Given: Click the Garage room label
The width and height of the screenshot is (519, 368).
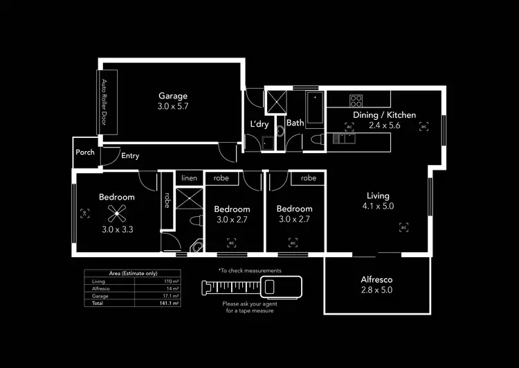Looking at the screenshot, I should tap(173, 96).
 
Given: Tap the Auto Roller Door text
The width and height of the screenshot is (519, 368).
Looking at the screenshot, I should tap(105, 101).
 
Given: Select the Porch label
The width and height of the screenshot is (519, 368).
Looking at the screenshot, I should tap(85, 152).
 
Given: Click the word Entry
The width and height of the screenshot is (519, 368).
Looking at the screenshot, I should tap(130, 156).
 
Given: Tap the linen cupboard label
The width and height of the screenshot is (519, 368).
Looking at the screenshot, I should tap(189, 179).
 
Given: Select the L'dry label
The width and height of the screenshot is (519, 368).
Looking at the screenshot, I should tap(259, 124).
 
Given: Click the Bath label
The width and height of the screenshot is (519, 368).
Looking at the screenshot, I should tap(295, 123).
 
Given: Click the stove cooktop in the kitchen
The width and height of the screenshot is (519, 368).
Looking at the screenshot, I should tap(356, 99).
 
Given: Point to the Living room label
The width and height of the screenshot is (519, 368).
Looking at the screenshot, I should tap(378, 196).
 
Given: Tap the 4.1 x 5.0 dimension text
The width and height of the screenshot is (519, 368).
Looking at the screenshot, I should tap(378, 207).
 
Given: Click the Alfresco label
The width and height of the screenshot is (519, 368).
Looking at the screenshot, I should tap(377, 280).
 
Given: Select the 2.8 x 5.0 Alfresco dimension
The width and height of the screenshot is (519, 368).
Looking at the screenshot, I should tap(377, 290).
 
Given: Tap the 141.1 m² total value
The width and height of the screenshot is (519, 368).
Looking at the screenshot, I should tap(170, 304).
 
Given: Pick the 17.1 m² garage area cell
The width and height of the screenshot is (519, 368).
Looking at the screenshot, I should tap(170, 296).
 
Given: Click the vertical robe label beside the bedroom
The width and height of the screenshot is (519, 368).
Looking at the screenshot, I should tap(167, 200).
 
